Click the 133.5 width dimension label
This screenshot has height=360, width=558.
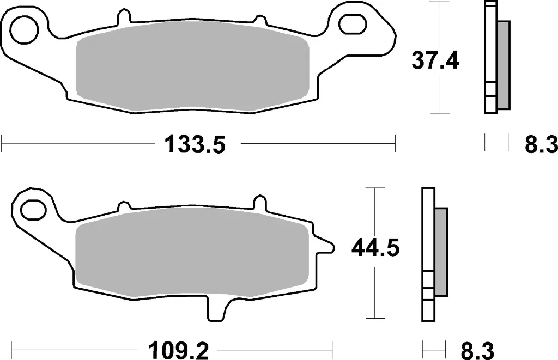tap(195, 145)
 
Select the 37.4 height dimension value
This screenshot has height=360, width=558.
tap(435, 62)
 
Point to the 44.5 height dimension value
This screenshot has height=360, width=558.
tap(376, 248)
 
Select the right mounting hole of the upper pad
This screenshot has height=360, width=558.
tap(351, 23)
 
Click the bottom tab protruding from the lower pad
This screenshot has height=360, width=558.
tap(216, 310)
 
